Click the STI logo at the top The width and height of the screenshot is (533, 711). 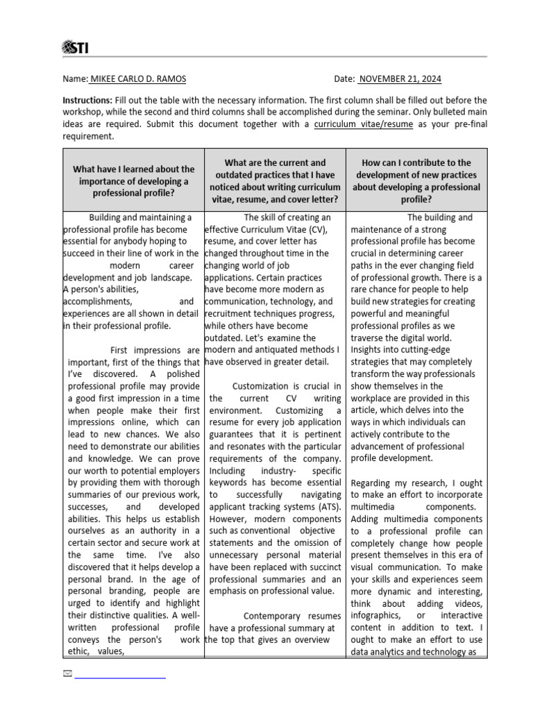[x=76, y=47]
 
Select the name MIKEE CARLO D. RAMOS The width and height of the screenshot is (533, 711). [x=137, y=79]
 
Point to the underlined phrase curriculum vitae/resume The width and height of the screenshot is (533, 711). [x=363, y=124]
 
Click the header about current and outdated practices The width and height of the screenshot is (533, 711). [x=275, y=181]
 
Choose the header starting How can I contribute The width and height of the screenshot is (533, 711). [x=416, y=181]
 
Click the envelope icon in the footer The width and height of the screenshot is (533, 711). [x=67, y=674]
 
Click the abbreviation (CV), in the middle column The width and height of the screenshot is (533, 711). [x=320, y=230]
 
